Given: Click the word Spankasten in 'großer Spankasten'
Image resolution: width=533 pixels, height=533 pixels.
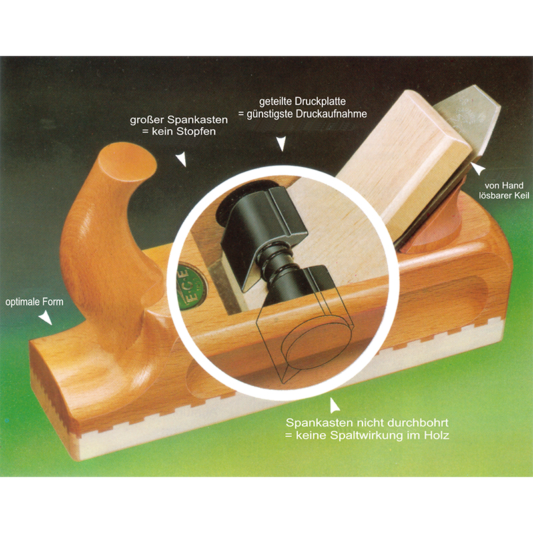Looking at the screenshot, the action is click(x=197, y=121).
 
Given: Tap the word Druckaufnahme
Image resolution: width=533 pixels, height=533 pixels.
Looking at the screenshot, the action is click(x=331, y=114).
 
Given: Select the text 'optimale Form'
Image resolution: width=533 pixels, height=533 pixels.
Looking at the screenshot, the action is click(x=35, y=302).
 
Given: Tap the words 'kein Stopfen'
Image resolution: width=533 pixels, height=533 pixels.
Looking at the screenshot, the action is click(x=184, y=132).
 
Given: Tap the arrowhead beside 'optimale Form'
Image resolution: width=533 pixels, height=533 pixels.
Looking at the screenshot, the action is click(x=45, y=319).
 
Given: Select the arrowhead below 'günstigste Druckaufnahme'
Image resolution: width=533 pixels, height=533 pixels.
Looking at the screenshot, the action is click(x=280, y=143).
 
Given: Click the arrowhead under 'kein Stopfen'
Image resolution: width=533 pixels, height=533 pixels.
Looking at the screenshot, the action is click(x=181, y=159).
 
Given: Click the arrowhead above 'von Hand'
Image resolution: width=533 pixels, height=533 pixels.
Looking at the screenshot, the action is click(x=478, y=169).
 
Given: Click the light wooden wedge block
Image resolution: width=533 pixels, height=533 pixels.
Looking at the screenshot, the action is click(x=404, y=160).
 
